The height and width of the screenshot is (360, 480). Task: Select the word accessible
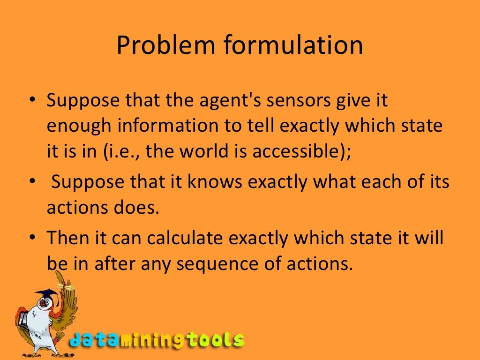(x=299, y=152)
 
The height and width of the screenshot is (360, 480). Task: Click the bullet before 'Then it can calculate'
(x=32, y=238)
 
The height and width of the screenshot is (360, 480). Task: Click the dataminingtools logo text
(x=157, y=340)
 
